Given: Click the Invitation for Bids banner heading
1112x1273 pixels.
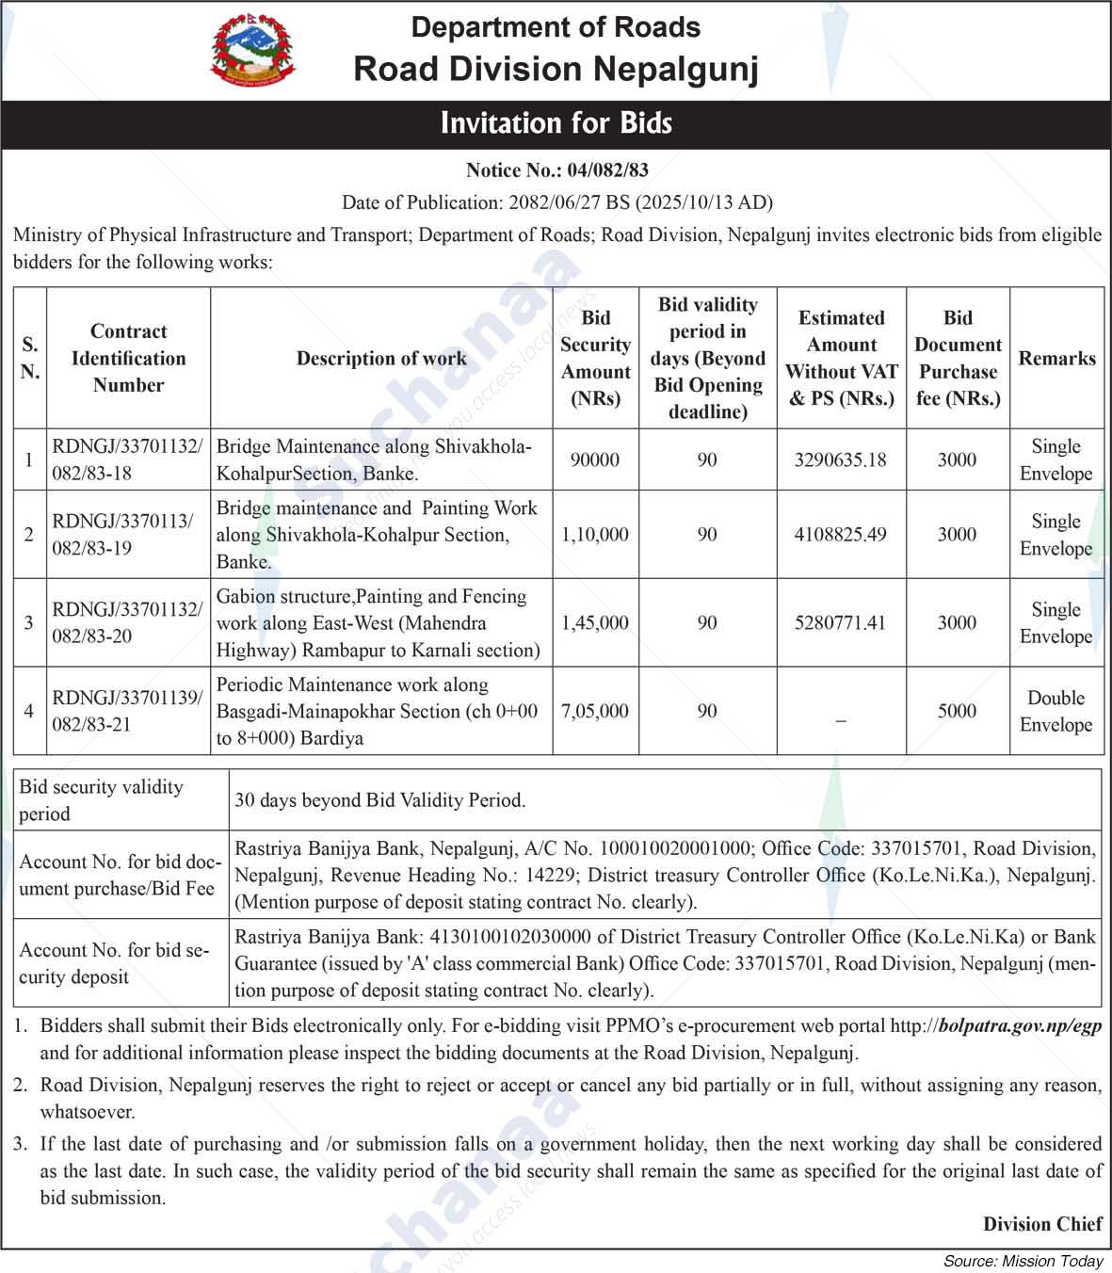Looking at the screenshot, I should [556, 123].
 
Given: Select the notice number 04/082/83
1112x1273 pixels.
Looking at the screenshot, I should [606, 170].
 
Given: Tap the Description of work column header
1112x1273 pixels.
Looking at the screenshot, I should [381, 358].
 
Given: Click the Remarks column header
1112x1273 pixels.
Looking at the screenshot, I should [1056, 358].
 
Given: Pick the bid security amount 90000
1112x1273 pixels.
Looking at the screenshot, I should [595, 459].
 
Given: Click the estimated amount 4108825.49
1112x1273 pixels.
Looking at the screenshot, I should [841, 534].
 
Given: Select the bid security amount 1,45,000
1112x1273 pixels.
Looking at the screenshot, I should [595, 622].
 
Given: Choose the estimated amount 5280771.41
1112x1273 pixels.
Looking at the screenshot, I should [841, 622].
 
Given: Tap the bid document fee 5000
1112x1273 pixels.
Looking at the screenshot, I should [957, 711].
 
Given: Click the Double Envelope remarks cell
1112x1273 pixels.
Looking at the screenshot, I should [1056, 711].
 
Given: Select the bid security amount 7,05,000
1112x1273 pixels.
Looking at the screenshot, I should [595, 711].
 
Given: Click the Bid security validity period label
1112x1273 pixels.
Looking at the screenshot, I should [102, 800].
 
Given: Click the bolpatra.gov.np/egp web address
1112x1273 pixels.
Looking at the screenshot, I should [1020, 1026].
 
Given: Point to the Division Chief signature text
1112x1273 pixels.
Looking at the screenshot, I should [1042, 1224].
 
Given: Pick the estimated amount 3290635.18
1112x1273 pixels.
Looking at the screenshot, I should [841, 459].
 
